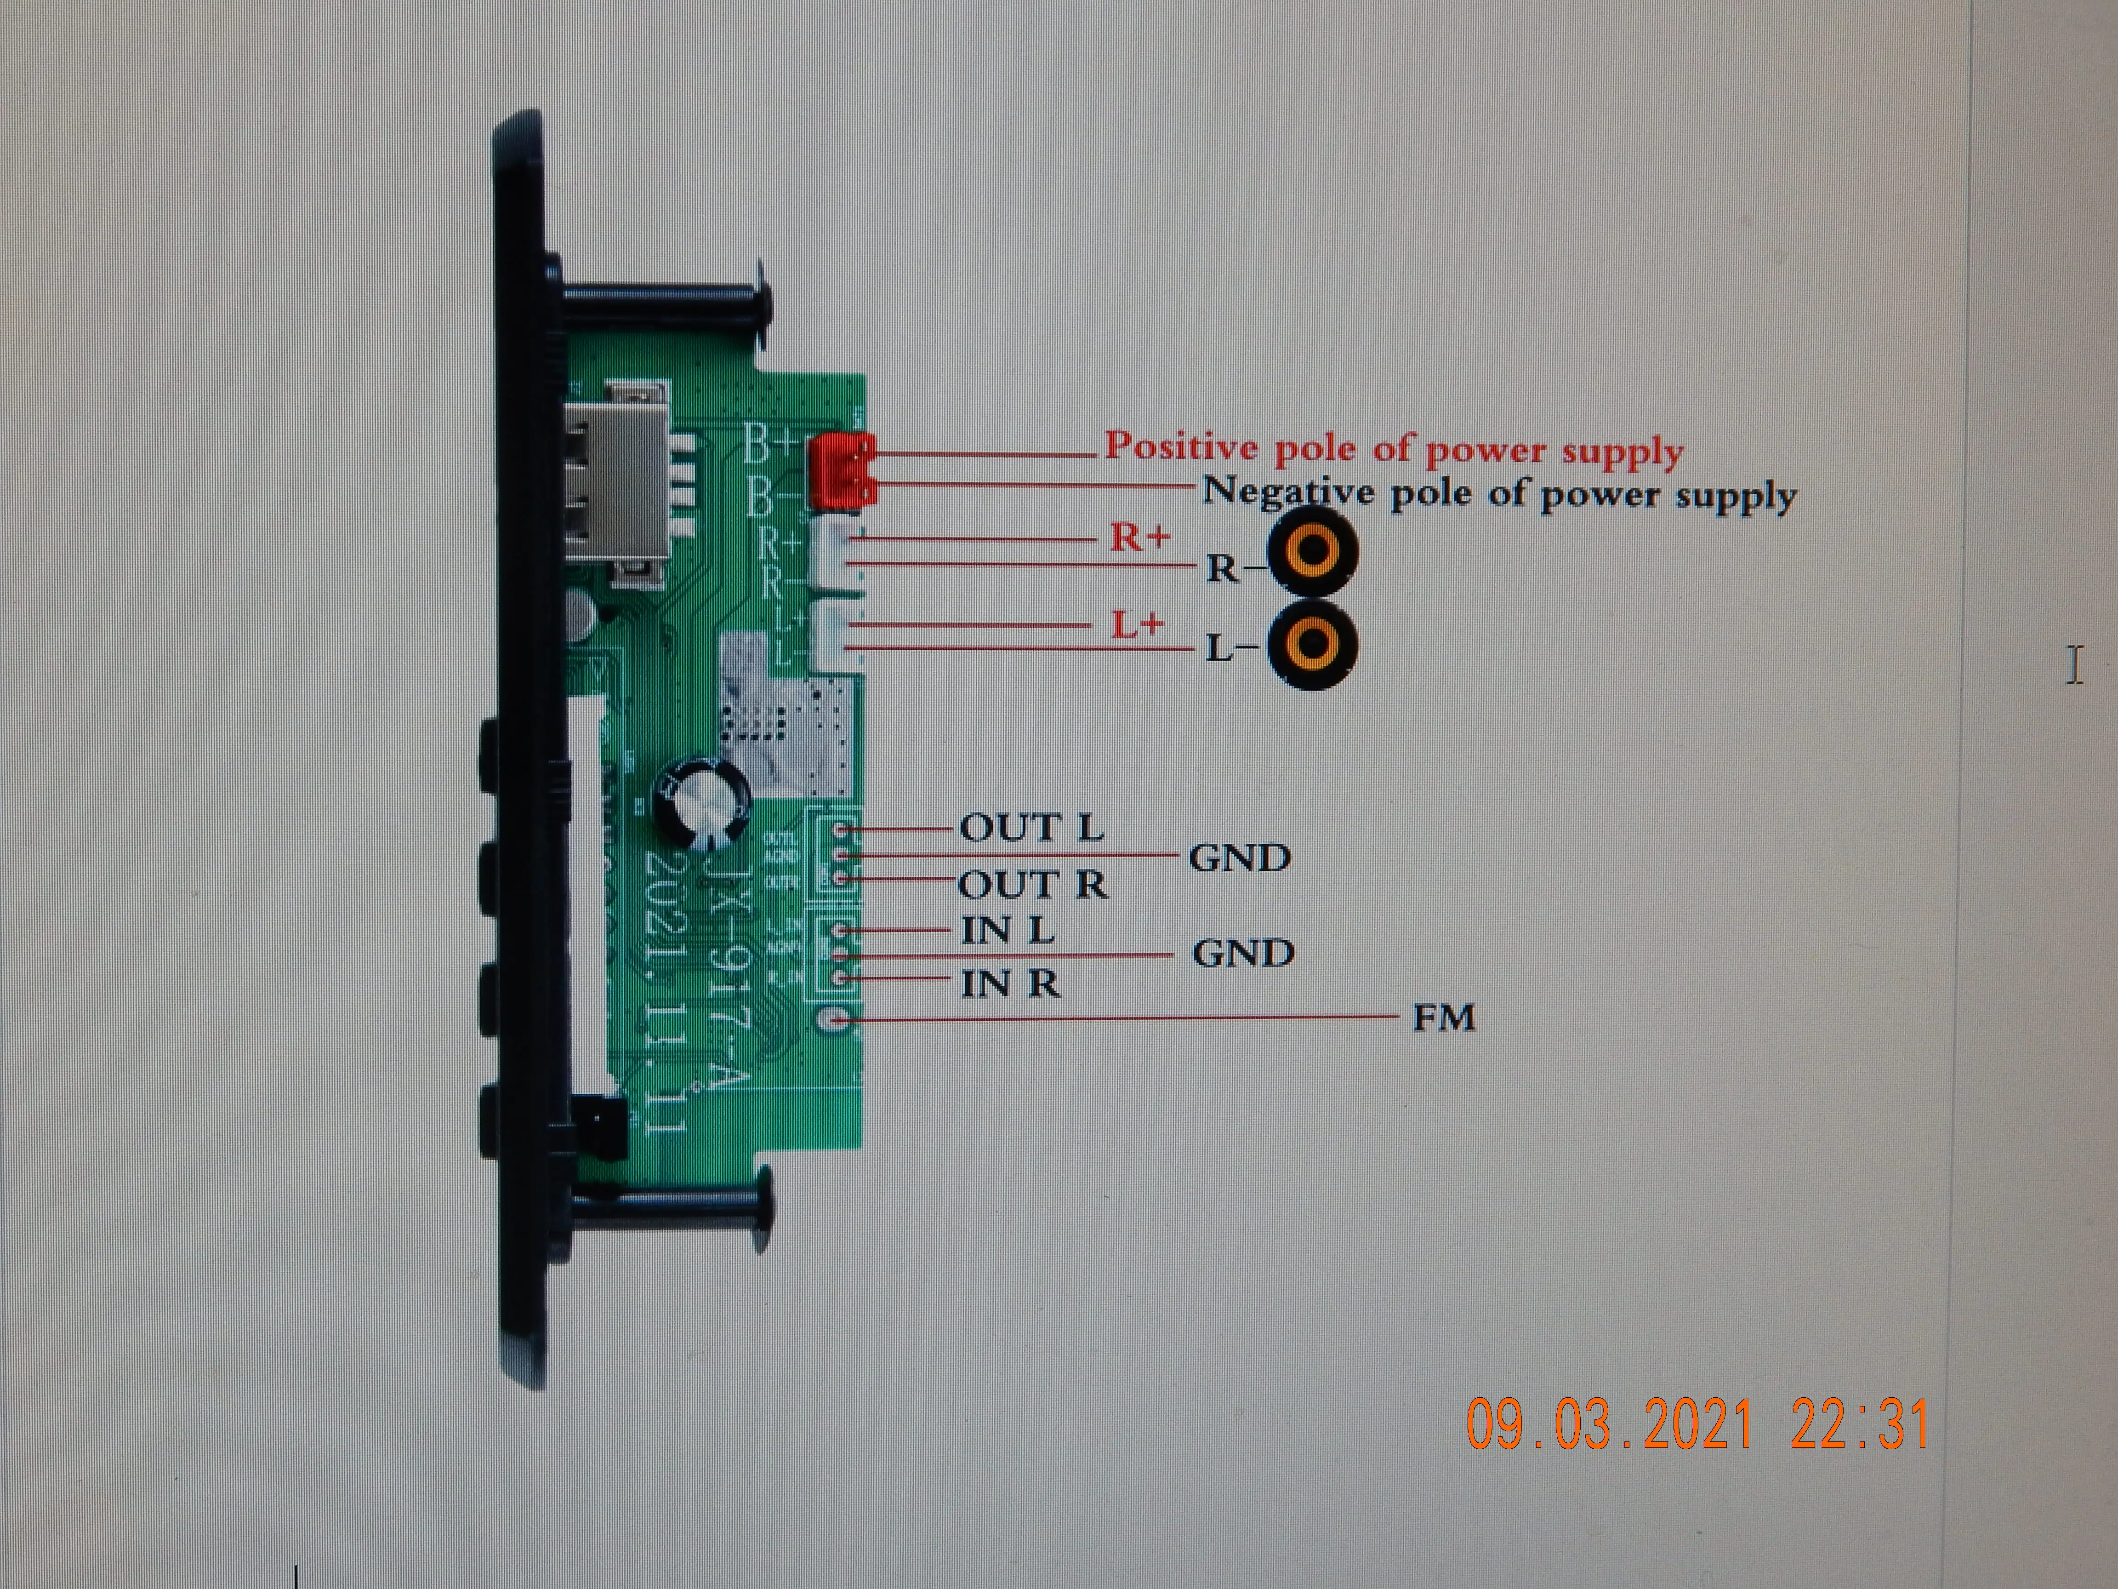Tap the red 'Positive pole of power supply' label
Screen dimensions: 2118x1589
click(1393, 448)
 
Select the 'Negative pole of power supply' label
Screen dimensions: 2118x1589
click(1498, 494)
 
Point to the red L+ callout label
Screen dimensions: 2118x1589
click(1138, 624)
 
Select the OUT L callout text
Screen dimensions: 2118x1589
click(1031, 828)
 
